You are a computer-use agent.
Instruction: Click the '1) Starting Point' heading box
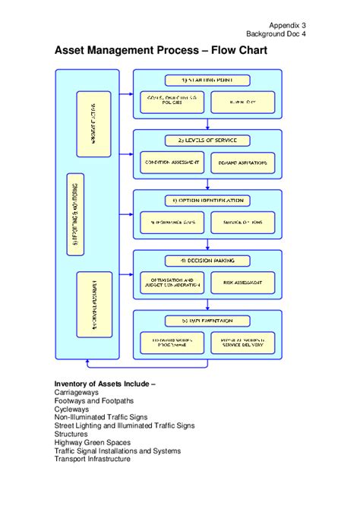click(x=207, y=80)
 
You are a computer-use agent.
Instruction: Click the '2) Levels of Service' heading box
click(x=207, y=141)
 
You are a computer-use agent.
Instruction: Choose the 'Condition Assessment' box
click(x=172, y=163)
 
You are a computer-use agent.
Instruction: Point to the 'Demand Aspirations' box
click(x=242, y=163)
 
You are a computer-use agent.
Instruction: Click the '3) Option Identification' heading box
click(x=207, y=201)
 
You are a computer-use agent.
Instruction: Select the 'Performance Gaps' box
click(x=172, y=222)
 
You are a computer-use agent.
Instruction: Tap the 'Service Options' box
click(x=242, y=222)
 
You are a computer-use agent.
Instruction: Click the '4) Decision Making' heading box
click(x=207, y=261)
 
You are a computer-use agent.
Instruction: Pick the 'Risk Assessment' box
click(x=242, y=283)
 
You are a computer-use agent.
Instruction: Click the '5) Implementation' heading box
click(x=207, y=320)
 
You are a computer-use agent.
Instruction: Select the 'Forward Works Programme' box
click(x=172, y=342)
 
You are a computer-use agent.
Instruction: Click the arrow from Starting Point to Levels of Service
click(x=207, y=123)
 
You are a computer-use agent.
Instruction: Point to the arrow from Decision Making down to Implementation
click(x=207, y=303)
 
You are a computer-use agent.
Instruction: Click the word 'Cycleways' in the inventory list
click(x=71, y=409)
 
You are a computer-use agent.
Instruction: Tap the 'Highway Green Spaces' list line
click(x=92, y=442)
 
